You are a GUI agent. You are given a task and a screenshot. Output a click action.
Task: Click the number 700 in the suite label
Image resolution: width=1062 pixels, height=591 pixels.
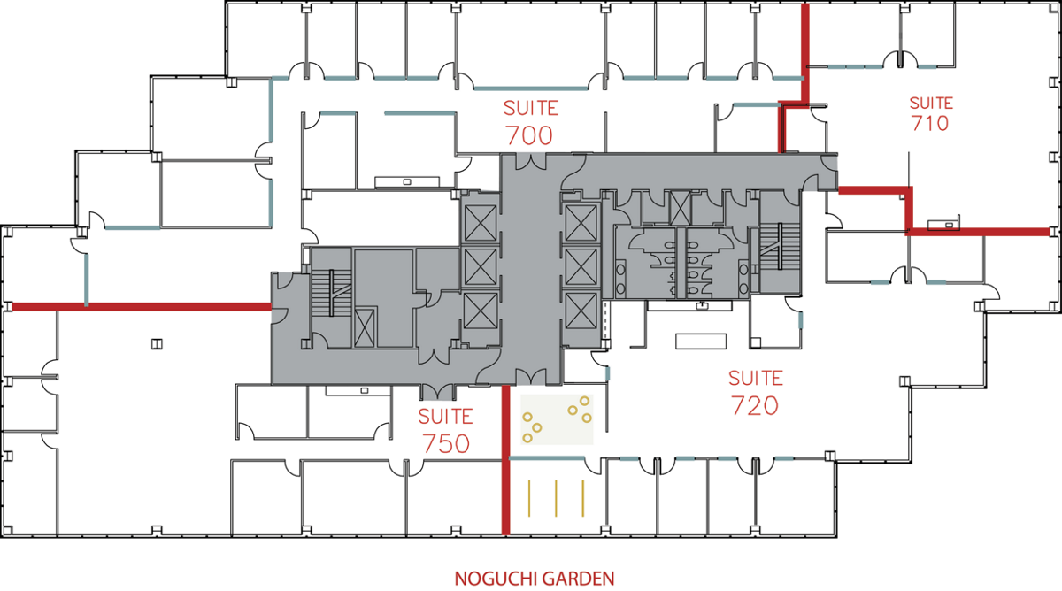pyautogui.click(x=528, y=135)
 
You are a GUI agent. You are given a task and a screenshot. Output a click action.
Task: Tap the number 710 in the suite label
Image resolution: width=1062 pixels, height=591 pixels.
pyautogui.click(x=930, y=123)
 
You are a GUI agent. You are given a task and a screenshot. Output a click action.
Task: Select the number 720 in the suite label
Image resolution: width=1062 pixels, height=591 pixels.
pyautogui.click(x=755, y=406)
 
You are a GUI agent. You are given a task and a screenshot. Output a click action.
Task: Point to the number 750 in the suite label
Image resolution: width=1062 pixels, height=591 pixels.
pyautogui.click(x=446, y=443)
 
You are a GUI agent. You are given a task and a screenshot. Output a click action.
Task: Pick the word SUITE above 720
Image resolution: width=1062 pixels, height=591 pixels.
pyautogui.click(x=756, y=378)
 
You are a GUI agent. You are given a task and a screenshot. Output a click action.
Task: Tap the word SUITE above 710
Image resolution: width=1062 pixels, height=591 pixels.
pyautogui.click(x=931, y=103)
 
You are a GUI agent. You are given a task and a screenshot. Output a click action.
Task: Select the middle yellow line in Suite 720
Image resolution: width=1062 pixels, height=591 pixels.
pyautogui.click(x=556, y=498)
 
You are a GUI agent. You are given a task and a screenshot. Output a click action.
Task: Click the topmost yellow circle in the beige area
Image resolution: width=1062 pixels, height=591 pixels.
pyautogui.click(x=585, y=401)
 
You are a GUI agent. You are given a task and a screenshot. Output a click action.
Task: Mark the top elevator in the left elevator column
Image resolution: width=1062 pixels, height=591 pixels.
pyautogui.click(x=481, y=223)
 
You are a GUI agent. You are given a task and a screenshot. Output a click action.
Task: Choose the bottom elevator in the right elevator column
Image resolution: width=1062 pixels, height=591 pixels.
pyautogui.click(x=581, y=311)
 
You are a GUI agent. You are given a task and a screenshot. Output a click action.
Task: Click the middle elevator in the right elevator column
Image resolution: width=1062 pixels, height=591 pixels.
pyautogui.click(x=581, y=267)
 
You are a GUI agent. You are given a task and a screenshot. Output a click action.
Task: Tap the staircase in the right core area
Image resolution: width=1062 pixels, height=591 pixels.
pyautogui.click(x=779, y=247)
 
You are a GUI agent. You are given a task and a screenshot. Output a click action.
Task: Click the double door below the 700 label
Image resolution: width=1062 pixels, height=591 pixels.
pyautogui.click(x=531, y=162)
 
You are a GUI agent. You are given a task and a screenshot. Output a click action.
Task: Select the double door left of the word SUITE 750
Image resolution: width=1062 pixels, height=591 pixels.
pyautogui.click(x=437, y=393)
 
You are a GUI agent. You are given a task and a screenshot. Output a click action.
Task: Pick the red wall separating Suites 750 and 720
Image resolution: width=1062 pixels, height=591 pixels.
pyautogui.click(x=506, y=460)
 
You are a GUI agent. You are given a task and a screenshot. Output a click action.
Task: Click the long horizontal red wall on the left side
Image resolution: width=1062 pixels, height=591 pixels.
pyautogui.click(x=142, y=307)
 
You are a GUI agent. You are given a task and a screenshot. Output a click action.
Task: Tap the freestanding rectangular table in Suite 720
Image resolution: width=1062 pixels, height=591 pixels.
pyautogui.click(x=701, y=342)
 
